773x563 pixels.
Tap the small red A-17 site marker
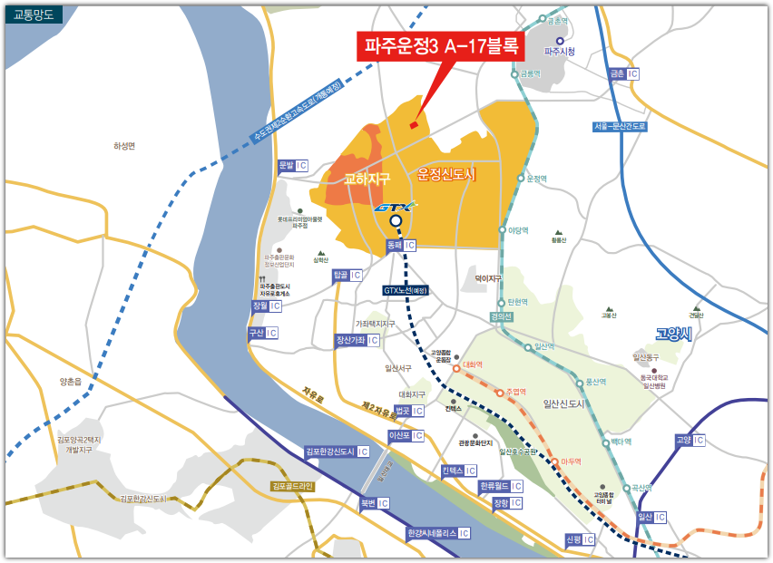[414, 125]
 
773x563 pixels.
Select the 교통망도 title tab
[34, 14]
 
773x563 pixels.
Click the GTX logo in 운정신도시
[396, 208]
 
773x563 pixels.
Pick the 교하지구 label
[367, 180]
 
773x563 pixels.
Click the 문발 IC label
[293, 166]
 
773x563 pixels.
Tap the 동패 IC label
[400, 245]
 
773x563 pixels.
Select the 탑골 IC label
[347, 275]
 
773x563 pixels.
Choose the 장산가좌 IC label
[357, 340]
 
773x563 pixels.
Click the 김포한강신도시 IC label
[337, 451]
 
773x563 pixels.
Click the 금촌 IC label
[624, 73]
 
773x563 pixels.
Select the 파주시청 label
[560, 52]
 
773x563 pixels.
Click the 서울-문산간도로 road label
[620, 126]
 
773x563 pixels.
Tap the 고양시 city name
[673, 335]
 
